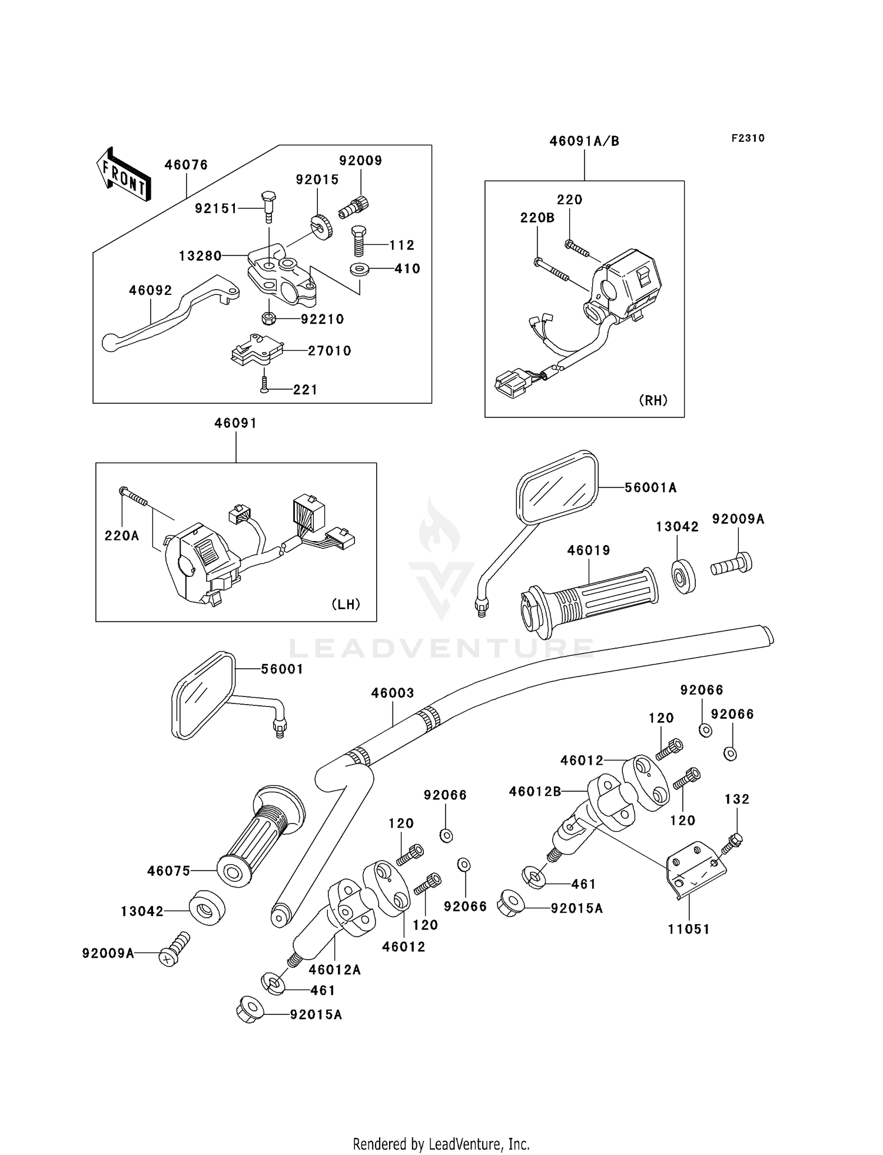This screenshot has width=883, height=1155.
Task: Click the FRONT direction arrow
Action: (124, 174)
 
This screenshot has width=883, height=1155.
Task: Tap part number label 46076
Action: (186, 165)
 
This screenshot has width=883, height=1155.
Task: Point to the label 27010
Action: (330, 351)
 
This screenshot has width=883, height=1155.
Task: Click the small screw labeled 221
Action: (264, 386)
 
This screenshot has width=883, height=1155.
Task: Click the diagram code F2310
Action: (748, 138)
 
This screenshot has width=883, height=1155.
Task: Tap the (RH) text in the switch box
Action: (653, 400)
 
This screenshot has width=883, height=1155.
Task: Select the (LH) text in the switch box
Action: (346, 604)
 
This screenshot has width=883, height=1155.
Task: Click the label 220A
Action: (122, 536)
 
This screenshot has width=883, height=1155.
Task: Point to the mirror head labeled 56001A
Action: (557, 487)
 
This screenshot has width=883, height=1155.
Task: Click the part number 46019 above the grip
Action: (589, 550)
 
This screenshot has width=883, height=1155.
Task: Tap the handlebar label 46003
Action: (393, 693)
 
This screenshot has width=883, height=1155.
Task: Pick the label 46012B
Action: (535, 792)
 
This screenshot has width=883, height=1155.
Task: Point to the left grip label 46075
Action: (169, 871)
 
